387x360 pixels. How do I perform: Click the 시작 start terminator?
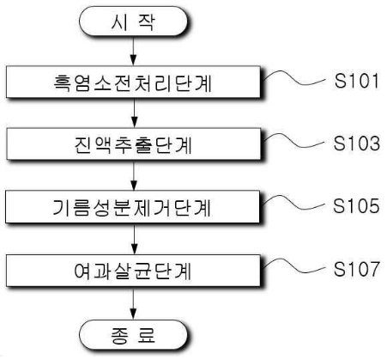click(x=133, y=21)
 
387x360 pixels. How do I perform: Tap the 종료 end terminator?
click(x=133, y=335)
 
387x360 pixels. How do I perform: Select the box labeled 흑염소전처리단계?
click(x=133, y=82)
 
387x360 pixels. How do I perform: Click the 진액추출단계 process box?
click(x=134, y=143)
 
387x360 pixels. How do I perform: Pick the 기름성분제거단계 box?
click(x=133, y=206)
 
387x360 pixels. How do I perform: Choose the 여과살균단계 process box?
click(x=133, y=271)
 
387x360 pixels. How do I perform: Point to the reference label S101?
click(x=357, y=81)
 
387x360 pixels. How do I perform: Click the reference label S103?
click(x=357, y=143)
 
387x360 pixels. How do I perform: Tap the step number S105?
click(x=356, y=205)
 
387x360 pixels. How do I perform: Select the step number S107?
click(x=357, y=269)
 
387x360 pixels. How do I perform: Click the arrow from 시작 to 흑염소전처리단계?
click(x=133, y=52)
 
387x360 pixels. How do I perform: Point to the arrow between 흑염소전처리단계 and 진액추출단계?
click(x=134, y=113)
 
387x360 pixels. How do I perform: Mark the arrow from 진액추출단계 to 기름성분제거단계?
click(x=134, y=175)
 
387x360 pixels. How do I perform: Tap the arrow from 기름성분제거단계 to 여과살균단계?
click(x=134, y=239)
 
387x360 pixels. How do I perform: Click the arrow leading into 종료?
click(x=133, y=303)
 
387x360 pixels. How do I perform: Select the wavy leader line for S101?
click(x=294, y=80)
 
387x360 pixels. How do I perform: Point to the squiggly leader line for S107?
click(x=294, y=268)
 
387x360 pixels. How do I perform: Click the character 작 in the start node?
click(x=146, y=21)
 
